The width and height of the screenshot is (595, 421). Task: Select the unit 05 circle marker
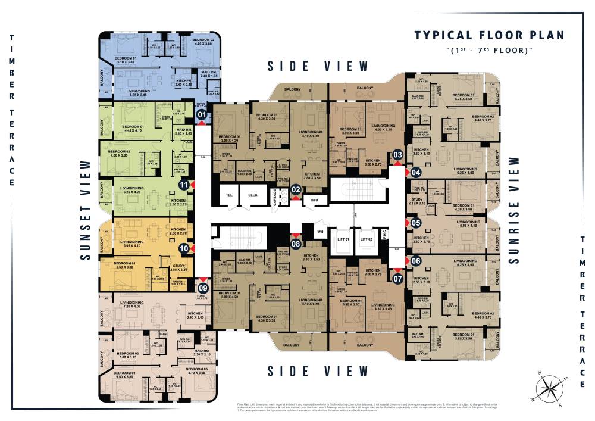(415, 223)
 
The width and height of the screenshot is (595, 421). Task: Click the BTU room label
(314, 201)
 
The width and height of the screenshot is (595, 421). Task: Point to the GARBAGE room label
(275, 196)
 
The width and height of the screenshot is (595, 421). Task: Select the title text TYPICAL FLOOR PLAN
(489, 35)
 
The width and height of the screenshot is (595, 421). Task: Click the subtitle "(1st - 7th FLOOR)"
(488, 50)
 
